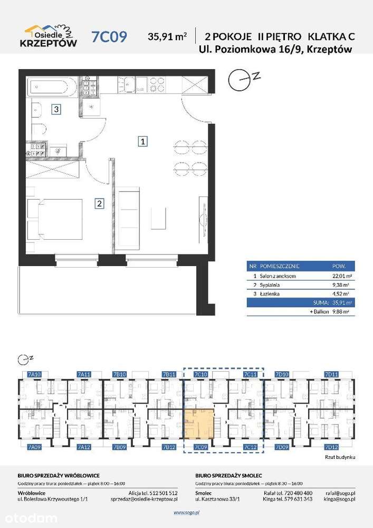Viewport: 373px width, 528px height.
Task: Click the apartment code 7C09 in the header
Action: pyautogui.click(x=109, y=36)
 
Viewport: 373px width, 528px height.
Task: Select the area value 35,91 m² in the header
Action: pyautogui.click(x=168, y=36)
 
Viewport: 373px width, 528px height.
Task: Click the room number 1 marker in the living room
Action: pyautogui.click(x=142, y=141)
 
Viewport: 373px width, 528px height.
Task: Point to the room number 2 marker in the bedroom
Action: pyautogui.click(x=99, y=203)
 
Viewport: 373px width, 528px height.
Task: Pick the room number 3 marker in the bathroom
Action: pyautogui.click(x=55, y=110)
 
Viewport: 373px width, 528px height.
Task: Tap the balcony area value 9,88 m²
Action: pyautogui.click(x=340, y=312)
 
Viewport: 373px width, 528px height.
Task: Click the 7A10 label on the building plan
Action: pyautogui.click(x=33, y=374)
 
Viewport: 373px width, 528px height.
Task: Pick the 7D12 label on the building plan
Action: pyautogui.click(x=331, y=447)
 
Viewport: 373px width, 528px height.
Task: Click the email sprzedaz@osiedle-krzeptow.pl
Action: pyautogui.click(x=144, y=499)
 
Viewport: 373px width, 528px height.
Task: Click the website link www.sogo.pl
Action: pyautogui.click(x=186, y=512)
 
